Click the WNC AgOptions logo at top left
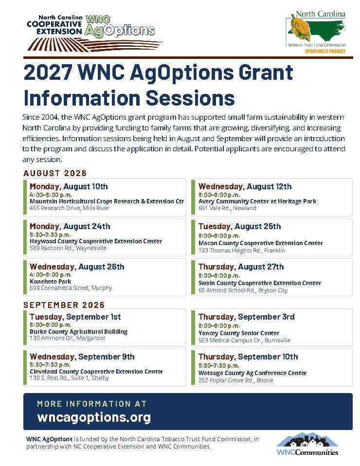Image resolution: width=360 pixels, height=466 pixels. coord(94,33)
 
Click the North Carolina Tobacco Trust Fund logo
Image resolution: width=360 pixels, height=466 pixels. coord(316,32)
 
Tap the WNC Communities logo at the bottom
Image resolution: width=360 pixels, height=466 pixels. coord(307,444)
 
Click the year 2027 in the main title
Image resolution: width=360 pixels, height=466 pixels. coord(48,72)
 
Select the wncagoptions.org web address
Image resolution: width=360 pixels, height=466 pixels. coord(94,417)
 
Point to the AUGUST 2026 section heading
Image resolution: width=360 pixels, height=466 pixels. coord(55,173)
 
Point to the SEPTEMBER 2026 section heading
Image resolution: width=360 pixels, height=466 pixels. coord(64,305)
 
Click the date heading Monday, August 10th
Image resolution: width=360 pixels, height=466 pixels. coord(69,186)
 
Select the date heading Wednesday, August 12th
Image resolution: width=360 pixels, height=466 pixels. coord(245,186)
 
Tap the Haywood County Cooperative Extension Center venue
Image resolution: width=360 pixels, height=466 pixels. coord(96,241)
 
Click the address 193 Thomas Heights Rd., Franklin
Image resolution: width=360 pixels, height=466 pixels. coord(242,250)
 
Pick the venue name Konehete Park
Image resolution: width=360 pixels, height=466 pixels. coord(50,281)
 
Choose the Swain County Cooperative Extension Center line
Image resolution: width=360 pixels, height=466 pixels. coord(260,283)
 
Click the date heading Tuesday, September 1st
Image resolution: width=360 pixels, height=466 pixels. coord(75,317)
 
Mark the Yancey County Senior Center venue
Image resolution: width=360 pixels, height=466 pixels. coord(239,333)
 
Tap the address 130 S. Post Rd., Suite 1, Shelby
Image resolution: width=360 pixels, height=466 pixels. coord(69,378)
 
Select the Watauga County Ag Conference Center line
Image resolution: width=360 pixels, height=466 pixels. coord(252,373)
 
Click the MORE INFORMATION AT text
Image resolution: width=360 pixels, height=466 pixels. coord(91,404)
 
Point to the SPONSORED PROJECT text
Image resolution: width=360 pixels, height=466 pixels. coord(325,51)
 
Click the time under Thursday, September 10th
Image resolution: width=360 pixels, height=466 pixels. coord(218,365)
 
